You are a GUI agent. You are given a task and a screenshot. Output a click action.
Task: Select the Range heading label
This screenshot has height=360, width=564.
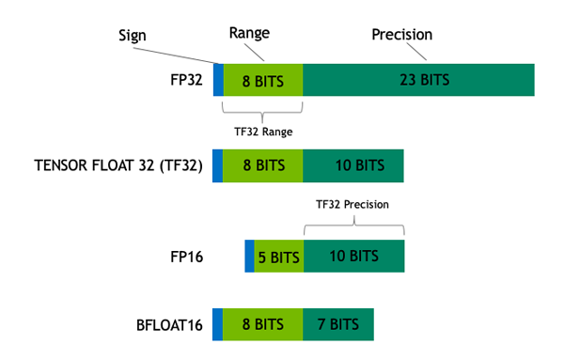click(250, 32)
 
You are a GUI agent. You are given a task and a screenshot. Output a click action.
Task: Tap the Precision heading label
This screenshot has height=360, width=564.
click(401, 34)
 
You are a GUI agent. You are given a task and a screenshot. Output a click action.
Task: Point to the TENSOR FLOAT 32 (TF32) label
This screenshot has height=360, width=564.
click(118, 166)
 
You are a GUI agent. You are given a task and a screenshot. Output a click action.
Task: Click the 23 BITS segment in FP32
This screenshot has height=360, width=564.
click(418, 80)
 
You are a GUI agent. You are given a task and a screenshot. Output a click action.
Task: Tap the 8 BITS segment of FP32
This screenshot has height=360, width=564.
click(263, 80)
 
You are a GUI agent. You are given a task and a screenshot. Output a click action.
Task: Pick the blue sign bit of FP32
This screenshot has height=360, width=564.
click(218, 80)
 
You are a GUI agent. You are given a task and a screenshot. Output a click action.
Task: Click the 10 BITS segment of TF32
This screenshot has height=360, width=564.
click(353, 166)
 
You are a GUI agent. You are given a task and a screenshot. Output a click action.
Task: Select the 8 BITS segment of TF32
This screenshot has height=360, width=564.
click(263, 166)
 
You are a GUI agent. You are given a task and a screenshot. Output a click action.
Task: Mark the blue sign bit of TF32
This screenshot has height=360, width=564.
click(218, 166)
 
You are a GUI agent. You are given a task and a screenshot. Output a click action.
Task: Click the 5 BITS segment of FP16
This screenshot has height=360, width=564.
click(278, 257)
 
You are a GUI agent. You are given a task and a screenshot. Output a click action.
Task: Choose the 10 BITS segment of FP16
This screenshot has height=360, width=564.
click(353, 257)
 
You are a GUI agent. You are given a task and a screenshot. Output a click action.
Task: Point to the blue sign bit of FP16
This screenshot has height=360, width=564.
click(249, 257)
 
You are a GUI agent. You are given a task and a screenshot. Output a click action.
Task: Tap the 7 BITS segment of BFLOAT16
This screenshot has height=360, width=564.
click(338, 324)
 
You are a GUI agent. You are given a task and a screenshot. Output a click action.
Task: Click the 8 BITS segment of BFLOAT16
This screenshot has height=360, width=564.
click(263, 324)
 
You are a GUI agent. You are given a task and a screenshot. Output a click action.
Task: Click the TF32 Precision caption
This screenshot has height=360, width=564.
click(352, 203)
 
